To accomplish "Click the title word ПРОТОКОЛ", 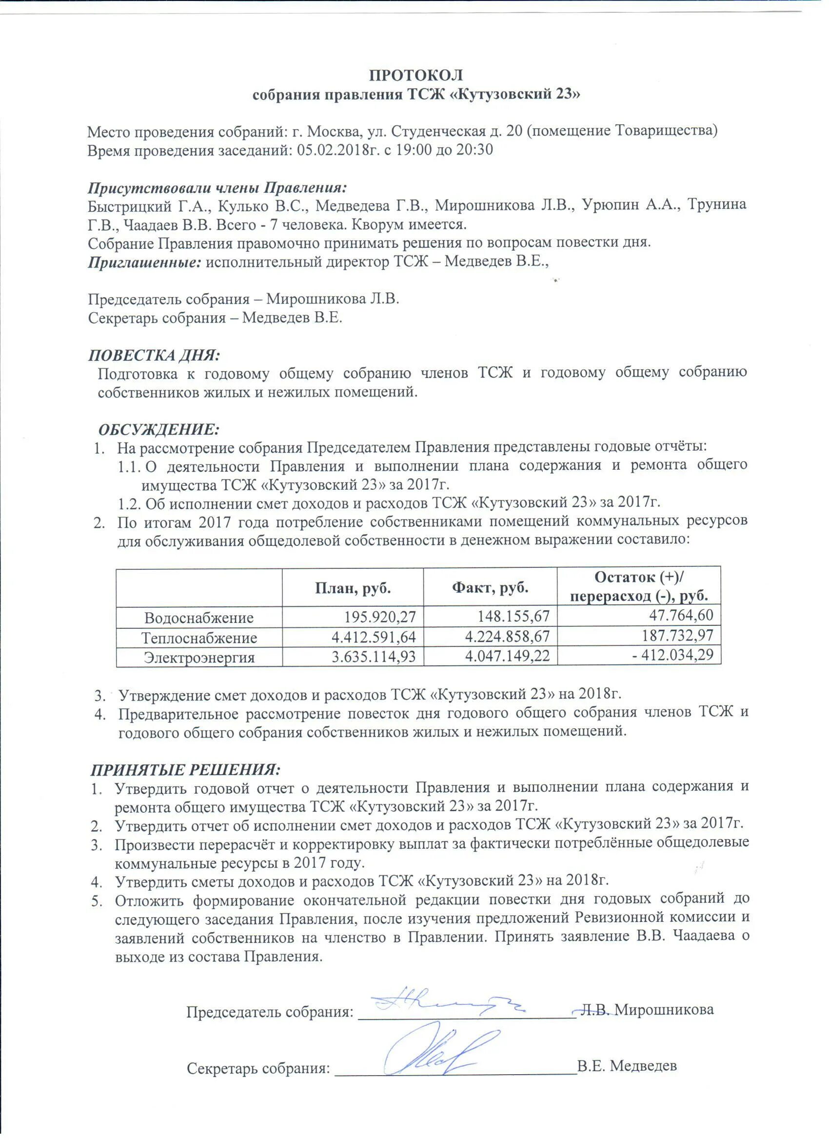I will (416, 75).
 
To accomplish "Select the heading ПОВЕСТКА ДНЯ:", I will (154, 356).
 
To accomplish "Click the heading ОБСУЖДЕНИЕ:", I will (159, 430).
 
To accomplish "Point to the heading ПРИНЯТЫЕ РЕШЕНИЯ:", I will (185, 770).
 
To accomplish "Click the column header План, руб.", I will (353, 588).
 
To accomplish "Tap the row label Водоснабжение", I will (199, 618).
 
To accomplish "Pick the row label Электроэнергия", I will (199, 658).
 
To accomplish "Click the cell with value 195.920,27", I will (380, 617).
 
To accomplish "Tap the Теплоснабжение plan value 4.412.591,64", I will (374, 637).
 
